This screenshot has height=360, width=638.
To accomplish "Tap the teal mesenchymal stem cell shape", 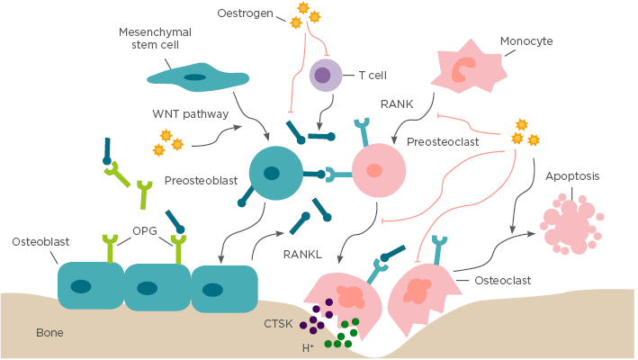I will [195, 77].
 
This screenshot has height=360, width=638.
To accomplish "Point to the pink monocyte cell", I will [468, 72].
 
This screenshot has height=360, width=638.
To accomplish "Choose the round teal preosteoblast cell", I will [274, 173].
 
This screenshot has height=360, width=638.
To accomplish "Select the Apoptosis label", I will [572, 176].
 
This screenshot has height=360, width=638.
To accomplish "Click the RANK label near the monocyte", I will [397, 104].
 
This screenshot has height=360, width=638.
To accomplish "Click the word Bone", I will [49, 332].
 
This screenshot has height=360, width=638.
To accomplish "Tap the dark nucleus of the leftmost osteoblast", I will [81, 287].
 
